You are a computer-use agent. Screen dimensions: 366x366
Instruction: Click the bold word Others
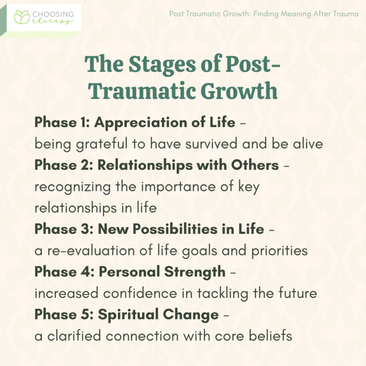(x=257, y=165)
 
